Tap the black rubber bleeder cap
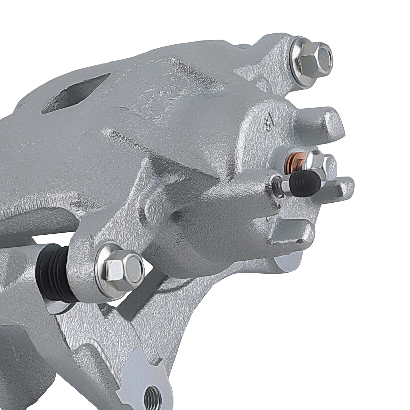point(307,183)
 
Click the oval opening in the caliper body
point(77,94)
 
